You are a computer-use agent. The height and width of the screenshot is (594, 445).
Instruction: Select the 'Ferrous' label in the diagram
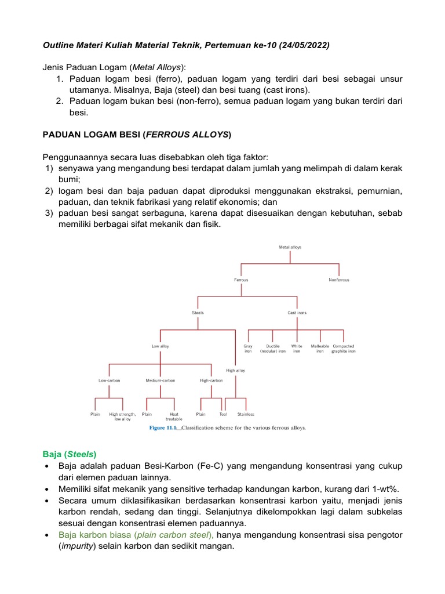[241, 280]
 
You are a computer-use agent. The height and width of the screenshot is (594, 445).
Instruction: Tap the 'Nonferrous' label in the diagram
[339, 280]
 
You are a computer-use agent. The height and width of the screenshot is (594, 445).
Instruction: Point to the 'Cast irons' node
[297, 313]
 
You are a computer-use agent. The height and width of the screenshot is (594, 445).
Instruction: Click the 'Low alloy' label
[161, 346]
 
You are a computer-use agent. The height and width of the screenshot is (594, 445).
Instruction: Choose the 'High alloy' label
[235, 370]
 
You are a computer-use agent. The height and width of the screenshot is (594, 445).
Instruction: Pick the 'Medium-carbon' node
[161, 381]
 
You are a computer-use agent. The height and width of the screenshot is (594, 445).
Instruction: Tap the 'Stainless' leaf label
[246, 414]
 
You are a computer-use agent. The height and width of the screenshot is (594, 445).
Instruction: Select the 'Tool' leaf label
[223, 414]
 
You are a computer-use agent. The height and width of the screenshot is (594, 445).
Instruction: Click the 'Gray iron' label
[248, 349]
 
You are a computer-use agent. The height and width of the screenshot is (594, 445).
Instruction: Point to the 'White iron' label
[297, 349]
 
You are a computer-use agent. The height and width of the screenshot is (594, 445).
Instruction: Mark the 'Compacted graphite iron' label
[344, 349]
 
